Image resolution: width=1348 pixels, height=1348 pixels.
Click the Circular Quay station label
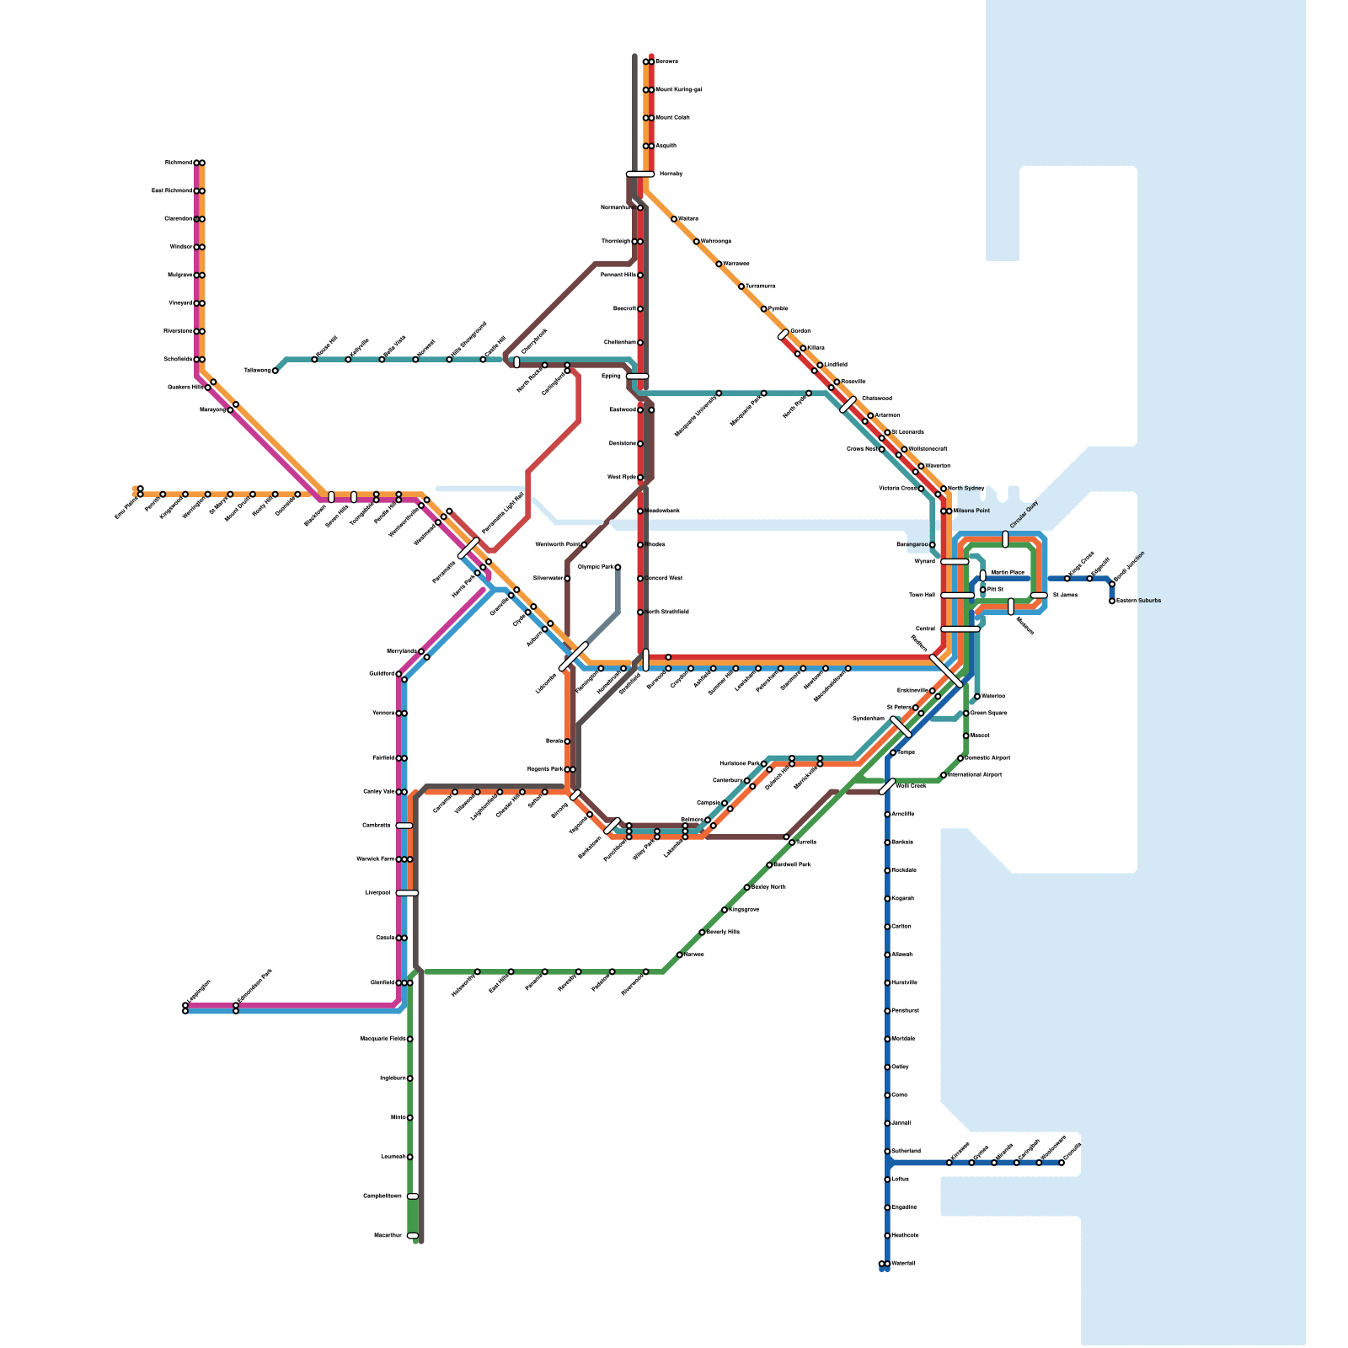click(1024, 515)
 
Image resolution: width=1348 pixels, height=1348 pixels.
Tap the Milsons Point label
click(971, 511)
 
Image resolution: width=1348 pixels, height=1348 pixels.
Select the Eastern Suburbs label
click(1138, 601)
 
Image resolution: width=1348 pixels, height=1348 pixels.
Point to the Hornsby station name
click(671, 174)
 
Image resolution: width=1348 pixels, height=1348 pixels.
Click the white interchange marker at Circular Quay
click(1005, 539)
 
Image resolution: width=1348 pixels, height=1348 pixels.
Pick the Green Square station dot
click(966, 714)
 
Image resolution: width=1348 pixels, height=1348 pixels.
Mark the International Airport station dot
click(944, 775)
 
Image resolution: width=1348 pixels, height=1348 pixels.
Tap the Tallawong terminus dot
click(275, 371)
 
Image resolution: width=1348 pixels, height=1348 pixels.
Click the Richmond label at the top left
click(178, 163)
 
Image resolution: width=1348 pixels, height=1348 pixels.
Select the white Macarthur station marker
click(412, 1236)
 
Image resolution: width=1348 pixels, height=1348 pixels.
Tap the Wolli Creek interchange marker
click(887, 787)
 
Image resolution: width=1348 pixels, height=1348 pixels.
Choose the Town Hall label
click(922, 595)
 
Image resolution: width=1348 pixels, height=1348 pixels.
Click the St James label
click(1065, 595)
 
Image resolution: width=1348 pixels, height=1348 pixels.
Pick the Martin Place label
click(1008, 572)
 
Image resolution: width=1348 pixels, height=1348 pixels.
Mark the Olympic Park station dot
click(618, 567)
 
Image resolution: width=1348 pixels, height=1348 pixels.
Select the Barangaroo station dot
click(932, 545)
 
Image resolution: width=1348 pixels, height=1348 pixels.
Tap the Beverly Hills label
click(722, 932)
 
